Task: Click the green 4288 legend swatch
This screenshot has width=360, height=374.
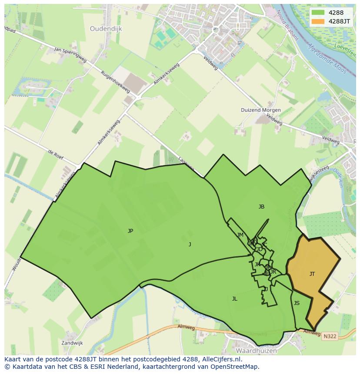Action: [x=318, y=13]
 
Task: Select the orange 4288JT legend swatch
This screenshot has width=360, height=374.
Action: [x=318, y=21]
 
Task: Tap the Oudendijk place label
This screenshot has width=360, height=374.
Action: [x=106, y=29]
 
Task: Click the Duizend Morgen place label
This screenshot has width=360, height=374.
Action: [x=261, y=110]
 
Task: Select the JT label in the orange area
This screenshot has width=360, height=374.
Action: [x=312, y=274]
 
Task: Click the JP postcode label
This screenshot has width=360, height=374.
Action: [x=130, y=231]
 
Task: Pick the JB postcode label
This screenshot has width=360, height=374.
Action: [x=261, y=207]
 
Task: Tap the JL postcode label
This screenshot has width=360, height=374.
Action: [x=234, y=298]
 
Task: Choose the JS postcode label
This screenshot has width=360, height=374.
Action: [x=297, y=303]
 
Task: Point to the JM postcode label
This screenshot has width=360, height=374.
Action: [x=240, y=235]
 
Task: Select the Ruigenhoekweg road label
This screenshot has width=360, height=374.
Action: [x=115, y=81]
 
